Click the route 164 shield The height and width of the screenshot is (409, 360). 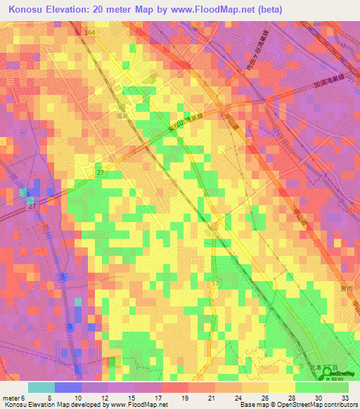pyautogui.click(x=93, y=32)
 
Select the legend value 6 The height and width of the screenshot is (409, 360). pyautogui.click(x=24, y=397)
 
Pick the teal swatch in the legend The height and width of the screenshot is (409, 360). pyautogui.click(x=41, y=387)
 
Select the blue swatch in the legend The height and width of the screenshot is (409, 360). pyautogui.click(x=67, y=387)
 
